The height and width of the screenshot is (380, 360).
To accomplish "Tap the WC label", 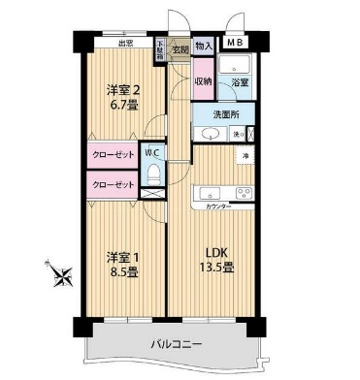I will (x=152, y=151).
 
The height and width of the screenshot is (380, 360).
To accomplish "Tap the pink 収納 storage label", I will (x=202, y=82).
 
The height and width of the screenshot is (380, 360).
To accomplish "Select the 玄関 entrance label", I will (x=179, y=47).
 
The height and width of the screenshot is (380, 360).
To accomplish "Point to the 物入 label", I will (x=203, y=46).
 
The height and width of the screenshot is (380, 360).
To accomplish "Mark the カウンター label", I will (x=219, y=206).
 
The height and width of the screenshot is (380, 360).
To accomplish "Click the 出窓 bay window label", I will (x=125, y=43).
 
